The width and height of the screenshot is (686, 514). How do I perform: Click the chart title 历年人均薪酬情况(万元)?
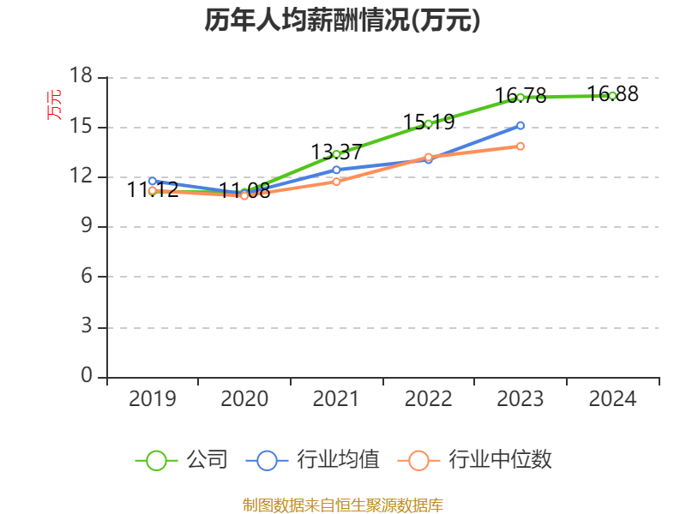click(x=342, y=21)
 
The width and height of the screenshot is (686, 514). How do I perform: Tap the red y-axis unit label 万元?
click(x=54, y=105)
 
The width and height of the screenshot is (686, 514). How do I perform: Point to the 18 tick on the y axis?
click(x=81, y=77)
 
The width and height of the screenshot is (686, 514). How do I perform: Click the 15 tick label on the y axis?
click(x=81, y=127)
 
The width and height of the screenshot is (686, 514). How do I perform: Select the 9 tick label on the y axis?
click(x=87, y=227)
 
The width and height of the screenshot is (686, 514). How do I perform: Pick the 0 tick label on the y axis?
click(x=87, y=376)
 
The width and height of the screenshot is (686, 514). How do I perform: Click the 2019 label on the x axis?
click(x=153, y=399)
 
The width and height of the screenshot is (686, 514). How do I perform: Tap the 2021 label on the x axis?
click(x=336, y=399)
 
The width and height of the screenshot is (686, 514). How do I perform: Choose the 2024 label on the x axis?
click(x=612, y=399)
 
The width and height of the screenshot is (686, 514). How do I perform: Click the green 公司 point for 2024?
click(x=612, y=95)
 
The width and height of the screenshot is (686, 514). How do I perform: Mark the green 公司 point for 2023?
click(x=521, y=97)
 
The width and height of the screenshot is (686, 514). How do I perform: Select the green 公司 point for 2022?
click(x=429, y=123)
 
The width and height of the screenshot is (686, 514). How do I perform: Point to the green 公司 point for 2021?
click(x=336, y=154)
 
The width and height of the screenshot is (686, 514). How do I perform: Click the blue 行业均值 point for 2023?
click(x=521, y=125)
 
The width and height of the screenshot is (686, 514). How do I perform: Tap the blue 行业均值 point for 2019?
click(x=153, y=181)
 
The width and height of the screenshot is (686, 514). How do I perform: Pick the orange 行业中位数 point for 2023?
click(x=521, y=146)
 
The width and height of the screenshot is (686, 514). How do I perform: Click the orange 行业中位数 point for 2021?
click(x=336, y=182)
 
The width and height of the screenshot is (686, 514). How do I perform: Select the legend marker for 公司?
click(x=156, y=460)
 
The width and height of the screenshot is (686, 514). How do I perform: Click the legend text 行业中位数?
click(x=500, y=460)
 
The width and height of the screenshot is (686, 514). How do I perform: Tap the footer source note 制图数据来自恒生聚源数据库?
click(x=342, y=505)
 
